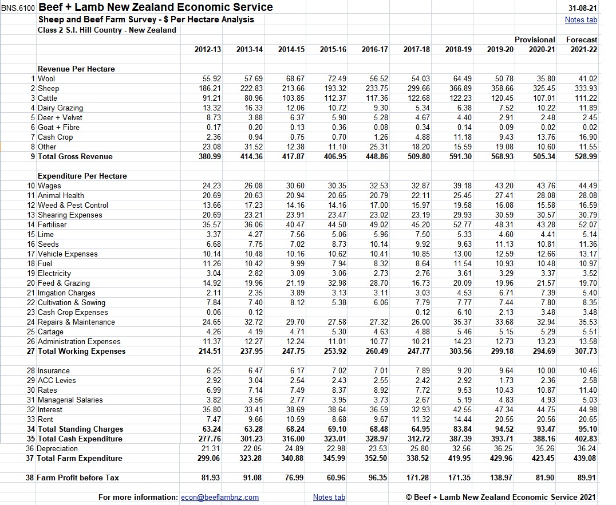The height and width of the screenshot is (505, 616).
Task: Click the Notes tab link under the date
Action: click(x=581, y=19)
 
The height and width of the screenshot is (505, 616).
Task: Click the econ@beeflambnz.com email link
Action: click(x=220, y=497)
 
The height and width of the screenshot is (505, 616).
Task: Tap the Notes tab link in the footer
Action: click(x=329, y=497)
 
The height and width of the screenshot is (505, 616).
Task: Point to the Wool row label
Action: click(x=47, y=78)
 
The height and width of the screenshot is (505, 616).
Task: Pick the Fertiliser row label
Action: click(x=52, y=224)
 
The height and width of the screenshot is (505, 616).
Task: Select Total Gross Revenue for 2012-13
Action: click(x=208, y=156)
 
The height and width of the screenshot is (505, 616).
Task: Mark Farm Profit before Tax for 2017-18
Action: click(x=417, y=478)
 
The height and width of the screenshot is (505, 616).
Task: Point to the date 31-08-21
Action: click(x=583, y=8)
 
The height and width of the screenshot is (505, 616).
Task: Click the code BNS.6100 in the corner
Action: click(x=18, y=8)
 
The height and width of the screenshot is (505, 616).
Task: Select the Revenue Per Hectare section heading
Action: click(x=76, y=69)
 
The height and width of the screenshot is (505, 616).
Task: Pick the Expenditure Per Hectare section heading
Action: click(x=82, y=176)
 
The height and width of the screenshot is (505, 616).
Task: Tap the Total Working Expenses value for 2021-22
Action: click(x=585, y=351)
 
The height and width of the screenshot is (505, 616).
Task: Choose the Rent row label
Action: click(x=46, y=419)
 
